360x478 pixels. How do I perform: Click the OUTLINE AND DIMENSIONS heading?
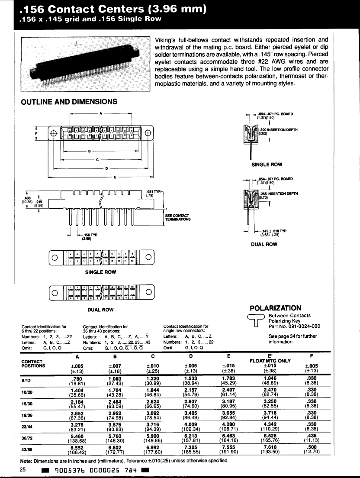click(69, 102)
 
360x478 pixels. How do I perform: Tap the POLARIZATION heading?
click(276, 308)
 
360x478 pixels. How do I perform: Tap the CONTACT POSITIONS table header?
click(33, 363)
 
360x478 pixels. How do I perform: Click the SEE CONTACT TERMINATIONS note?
click(177, 217)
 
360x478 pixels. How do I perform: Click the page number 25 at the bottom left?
click(23, 470)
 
